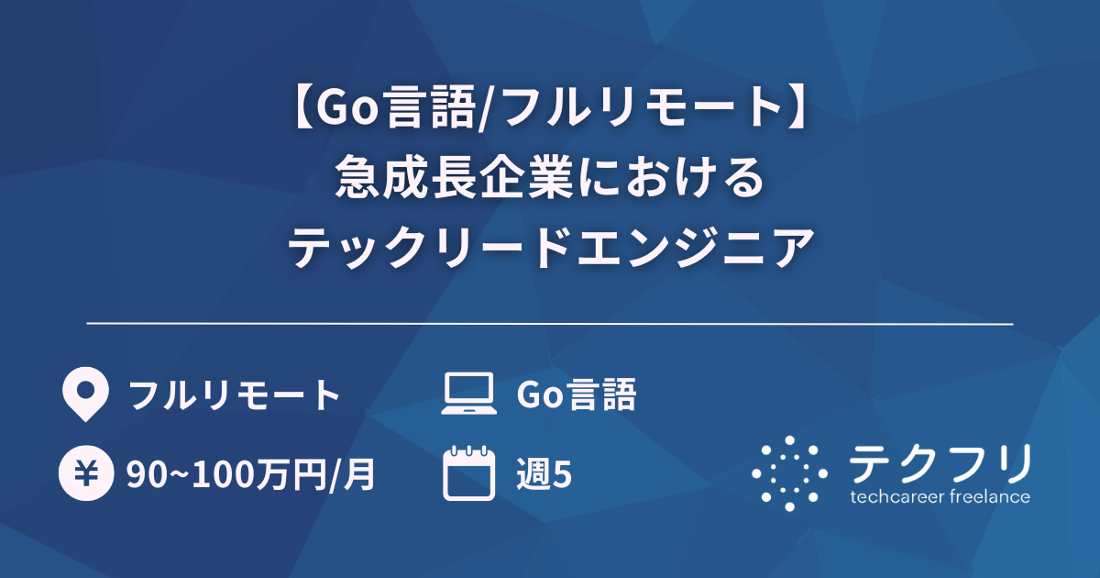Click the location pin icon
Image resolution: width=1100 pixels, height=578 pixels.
(x=84, y=395)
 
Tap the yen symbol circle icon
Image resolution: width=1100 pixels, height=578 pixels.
(x=84, y=474)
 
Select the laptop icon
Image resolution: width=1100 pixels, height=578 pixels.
(x=468, y=395)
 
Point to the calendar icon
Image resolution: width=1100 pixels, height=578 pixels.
(x=468, y=473)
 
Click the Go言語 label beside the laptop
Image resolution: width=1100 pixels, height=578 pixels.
(x=577, y=395)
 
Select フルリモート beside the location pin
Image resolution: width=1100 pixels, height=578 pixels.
(x=235, y=395)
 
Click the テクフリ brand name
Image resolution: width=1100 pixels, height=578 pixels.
(x=940, y=464)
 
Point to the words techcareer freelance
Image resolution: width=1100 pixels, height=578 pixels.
(x=940, y=497)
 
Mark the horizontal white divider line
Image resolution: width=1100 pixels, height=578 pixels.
(x=550, y=324)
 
